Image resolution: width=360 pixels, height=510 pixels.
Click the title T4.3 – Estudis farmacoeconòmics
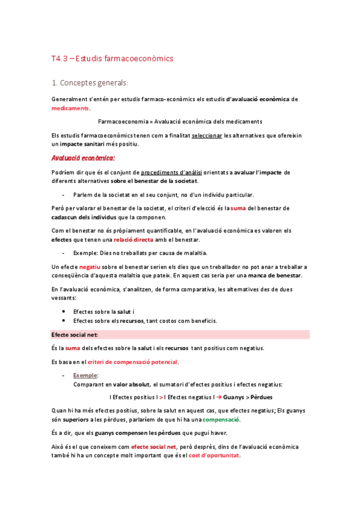pyautogui.click(x=112, y=58)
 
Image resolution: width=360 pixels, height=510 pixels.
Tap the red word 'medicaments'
pyautogui.click(x=70, y=108)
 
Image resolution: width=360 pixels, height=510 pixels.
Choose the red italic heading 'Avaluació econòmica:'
pyautogui.click(x=83, y=158)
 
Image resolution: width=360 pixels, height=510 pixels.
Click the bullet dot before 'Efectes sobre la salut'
pyautogui.click(x=64, y=312)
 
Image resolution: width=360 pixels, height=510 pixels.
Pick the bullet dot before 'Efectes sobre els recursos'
pyautogui.click(x=64, y=321)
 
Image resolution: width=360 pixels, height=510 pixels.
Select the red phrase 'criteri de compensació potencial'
pyautogui.click(x=133, y=362)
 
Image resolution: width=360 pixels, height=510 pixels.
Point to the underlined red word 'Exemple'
pyautogui.click(x=85, y=375)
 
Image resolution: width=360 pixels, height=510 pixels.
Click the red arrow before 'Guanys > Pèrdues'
pyautogui.click(x=221, y=397)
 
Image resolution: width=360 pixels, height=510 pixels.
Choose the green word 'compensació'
pyautogui.click(x=221, y=419)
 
